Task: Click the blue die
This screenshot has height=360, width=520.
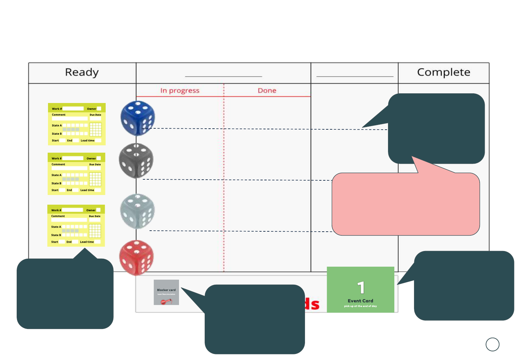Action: [x=137, y=118]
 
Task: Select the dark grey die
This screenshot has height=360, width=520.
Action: [x=136, y=160]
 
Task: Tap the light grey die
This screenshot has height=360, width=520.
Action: [x=137, y=211]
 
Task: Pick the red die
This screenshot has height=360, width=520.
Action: [x=137, y=257]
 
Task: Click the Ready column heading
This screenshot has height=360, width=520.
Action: [x=82, y=72]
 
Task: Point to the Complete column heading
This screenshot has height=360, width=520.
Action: [x=444, y=72]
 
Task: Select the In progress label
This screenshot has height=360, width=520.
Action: [x=180, y=91]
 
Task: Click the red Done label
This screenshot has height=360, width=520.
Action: [x=267, y=91]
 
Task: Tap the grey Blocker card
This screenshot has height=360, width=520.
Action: [x=166, y=292]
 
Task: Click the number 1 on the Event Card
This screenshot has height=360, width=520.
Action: [x=361, y=288]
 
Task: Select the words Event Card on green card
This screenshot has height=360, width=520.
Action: [x=360, y=301]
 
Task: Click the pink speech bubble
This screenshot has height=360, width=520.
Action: [x=405, y=204]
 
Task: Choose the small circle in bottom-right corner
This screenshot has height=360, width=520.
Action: [x=492, y=344]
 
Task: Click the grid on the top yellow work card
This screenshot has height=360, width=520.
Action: [x=95, y=129]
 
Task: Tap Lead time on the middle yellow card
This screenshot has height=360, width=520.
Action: [x=87, y=190]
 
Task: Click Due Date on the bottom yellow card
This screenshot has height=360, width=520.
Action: [x=95, y=216]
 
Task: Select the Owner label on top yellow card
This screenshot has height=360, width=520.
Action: [x=91, y=109]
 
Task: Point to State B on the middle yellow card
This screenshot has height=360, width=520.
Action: [x=56, y=183]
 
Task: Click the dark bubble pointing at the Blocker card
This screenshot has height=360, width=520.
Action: [x=255, y=319]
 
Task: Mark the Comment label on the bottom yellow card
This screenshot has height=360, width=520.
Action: [x=58, y=216]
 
